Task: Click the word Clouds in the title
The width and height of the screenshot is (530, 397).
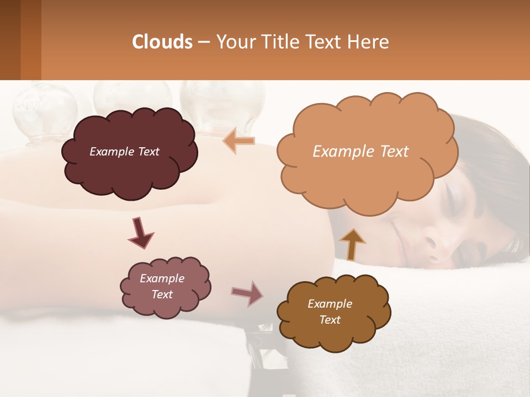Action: point(162,42)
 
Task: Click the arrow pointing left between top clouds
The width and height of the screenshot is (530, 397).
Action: point(239,141)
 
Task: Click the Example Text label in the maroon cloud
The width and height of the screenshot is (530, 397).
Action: point(124,152)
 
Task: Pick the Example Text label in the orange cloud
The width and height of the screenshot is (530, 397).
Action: point(361,151)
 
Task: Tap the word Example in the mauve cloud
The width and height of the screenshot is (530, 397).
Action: point(162,278)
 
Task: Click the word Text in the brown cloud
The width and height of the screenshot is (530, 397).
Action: point(330,320)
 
